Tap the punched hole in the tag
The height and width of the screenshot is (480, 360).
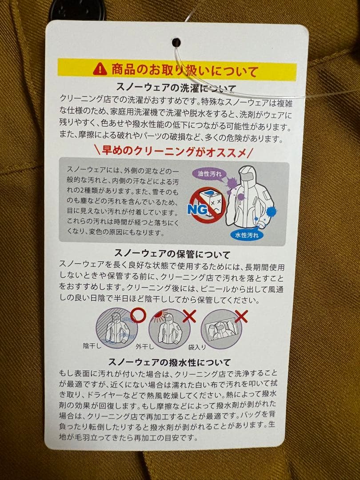176,42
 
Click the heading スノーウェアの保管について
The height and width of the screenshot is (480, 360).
172,255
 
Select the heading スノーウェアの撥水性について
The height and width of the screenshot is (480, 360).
172,362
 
